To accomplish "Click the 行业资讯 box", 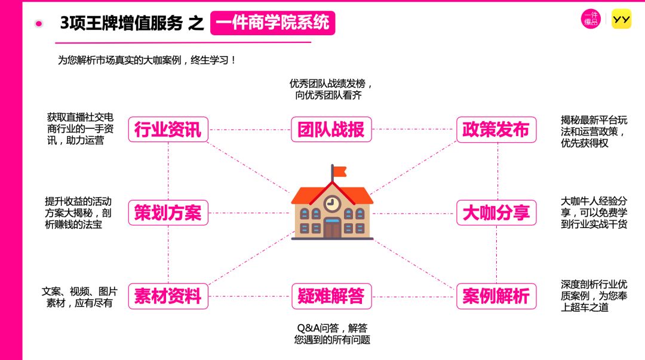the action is tap(168, 130).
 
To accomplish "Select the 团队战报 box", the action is tap(331, 130).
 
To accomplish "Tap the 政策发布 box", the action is tap(496, 130).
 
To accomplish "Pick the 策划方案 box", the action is tap(168, 213).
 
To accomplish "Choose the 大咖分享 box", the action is tap(496, 213).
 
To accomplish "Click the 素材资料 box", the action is tap(168, 296).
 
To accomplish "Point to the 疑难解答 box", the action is tap(331, 296).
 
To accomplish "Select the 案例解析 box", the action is tap(496, 296).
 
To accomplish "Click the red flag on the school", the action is tap(339, 171).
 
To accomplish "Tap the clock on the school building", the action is tap(332, 203).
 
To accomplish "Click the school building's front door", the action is tap(332, 229).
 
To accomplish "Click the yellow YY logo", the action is tap(621, 19).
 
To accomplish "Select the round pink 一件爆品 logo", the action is tap(591, 19).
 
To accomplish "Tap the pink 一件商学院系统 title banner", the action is tap(273, 23).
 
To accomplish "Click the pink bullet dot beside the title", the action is tap(39, 23).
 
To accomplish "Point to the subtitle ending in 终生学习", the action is tap(147, 60).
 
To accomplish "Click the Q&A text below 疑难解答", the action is tap(332, 334).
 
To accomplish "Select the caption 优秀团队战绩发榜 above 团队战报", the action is tap(331, 90).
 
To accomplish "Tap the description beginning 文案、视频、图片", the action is tap(79, 297).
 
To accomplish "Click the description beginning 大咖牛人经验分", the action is tap(594, 213).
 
